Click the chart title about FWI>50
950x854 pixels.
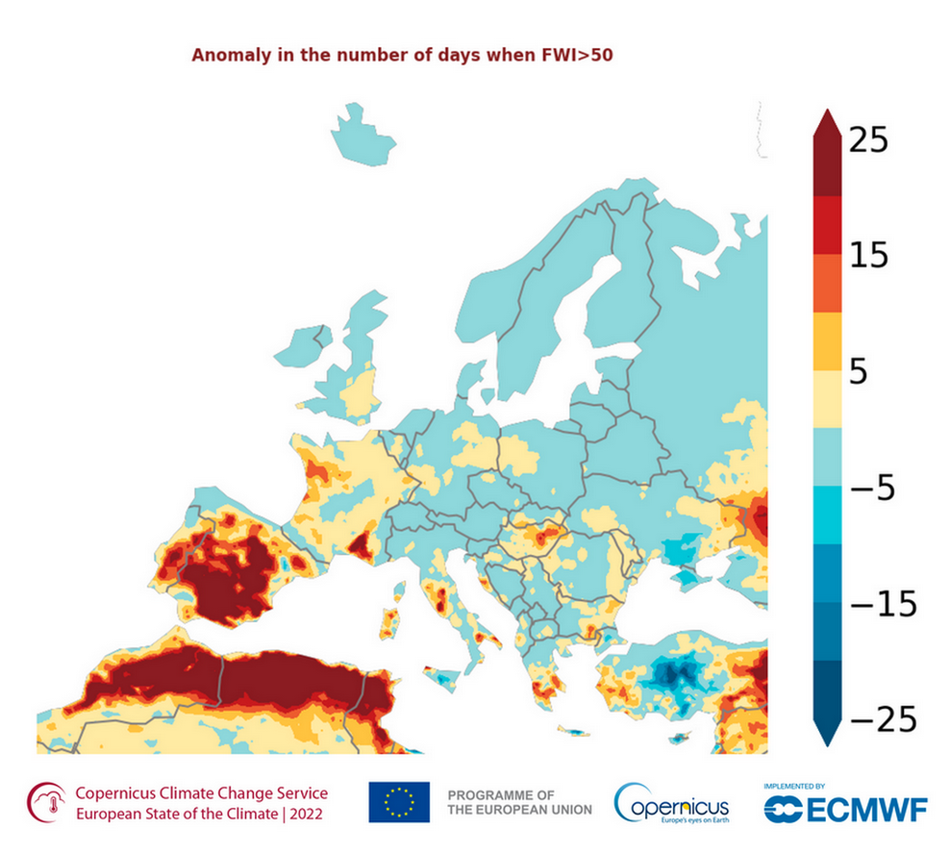[402, 55]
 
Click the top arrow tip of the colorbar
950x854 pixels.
[827, 111]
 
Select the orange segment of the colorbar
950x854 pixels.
[827, 284]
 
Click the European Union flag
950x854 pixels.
[398, 802]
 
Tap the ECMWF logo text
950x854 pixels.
[846, 810]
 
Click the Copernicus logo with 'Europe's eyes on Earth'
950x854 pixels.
[672, 802]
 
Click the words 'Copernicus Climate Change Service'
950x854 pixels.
[201, 793]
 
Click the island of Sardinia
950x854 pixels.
[389, 620]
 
